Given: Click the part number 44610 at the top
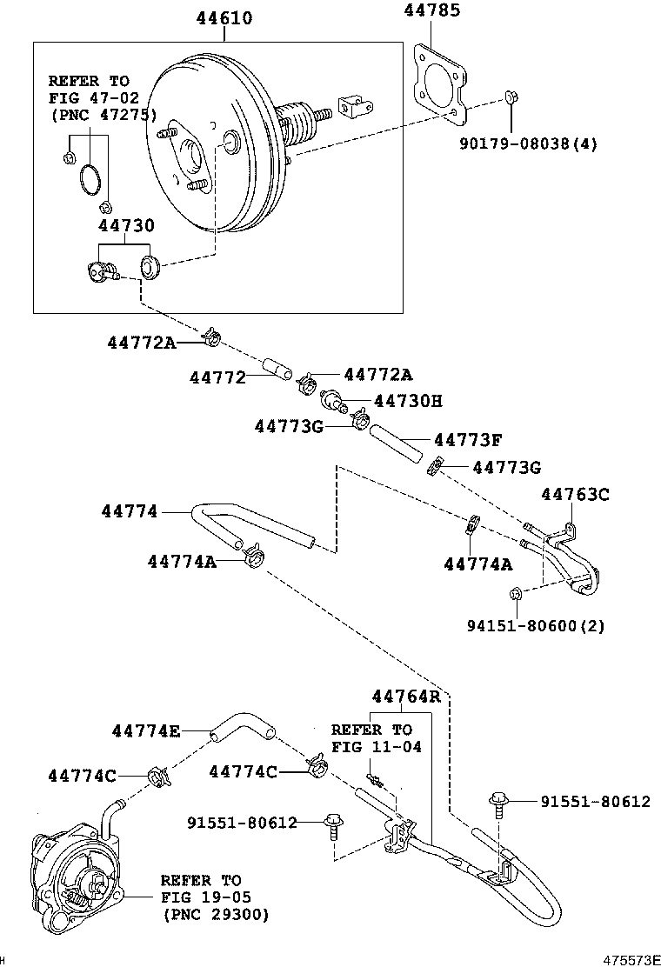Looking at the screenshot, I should tap(224, 17).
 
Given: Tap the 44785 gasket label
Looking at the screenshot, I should tap(432, 11).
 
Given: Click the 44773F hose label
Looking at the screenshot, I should tap(467, 441).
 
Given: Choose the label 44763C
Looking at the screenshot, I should tap(575, 495).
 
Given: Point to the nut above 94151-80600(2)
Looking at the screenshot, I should tap(514, 594).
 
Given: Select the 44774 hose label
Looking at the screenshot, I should tap(129, 512).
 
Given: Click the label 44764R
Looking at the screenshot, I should tap(406, 696).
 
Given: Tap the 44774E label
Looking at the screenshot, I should tap(145, 731).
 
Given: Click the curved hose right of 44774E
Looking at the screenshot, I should tap(242, 726).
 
